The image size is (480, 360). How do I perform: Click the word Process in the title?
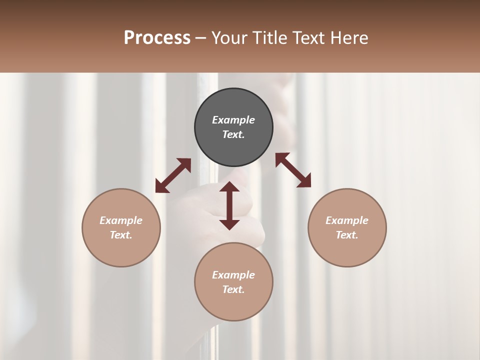coord(157,38)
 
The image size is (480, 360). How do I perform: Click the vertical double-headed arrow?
coord(229,206)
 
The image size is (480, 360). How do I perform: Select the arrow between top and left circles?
coord(173,175)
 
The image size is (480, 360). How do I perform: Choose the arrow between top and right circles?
coord(293,170)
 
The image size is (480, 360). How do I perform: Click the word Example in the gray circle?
coord(233,120)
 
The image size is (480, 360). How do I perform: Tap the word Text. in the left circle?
coord(121,235)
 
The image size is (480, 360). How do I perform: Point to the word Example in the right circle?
coord(347,220)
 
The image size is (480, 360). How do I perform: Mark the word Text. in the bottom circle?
coord(233,289)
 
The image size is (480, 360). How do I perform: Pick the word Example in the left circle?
coord(121,220)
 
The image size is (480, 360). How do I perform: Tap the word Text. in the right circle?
coord(347,235)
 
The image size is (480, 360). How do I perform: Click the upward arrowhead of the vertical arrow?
coord(229,187)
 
